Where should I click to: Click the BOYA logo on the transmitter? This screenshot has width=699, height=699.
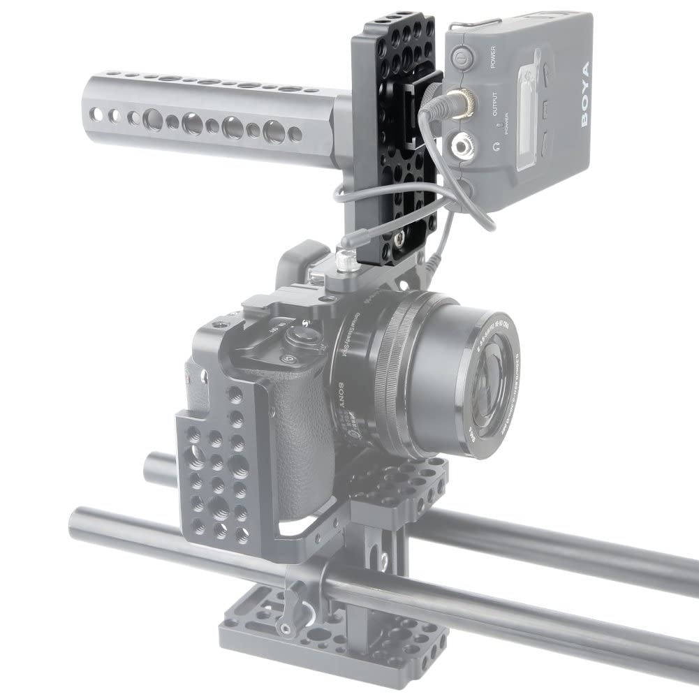(x=584, y=94)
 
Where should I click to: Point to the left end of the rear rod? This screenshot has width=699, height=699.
(x=151, y=462)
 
